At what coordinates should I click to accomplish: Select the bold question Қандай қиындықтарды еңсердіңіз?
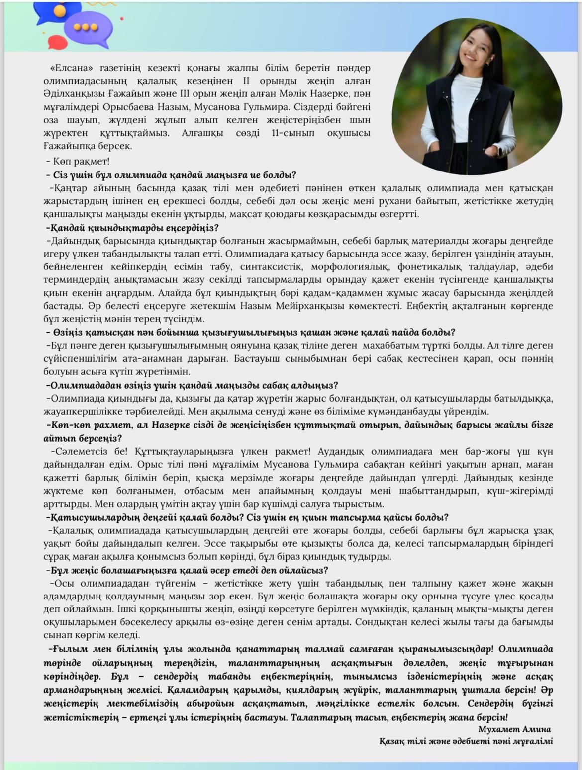coord(132,228)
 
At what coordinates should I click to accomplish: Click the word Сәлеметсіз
coord(82,452)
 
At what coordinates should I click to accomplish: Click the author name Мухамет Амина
coord(514,729)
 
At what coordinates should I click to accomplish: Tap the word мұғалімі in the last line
coord(532,741)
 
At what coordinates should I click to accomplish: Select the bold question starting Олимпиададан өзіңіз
coord(192,385)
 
